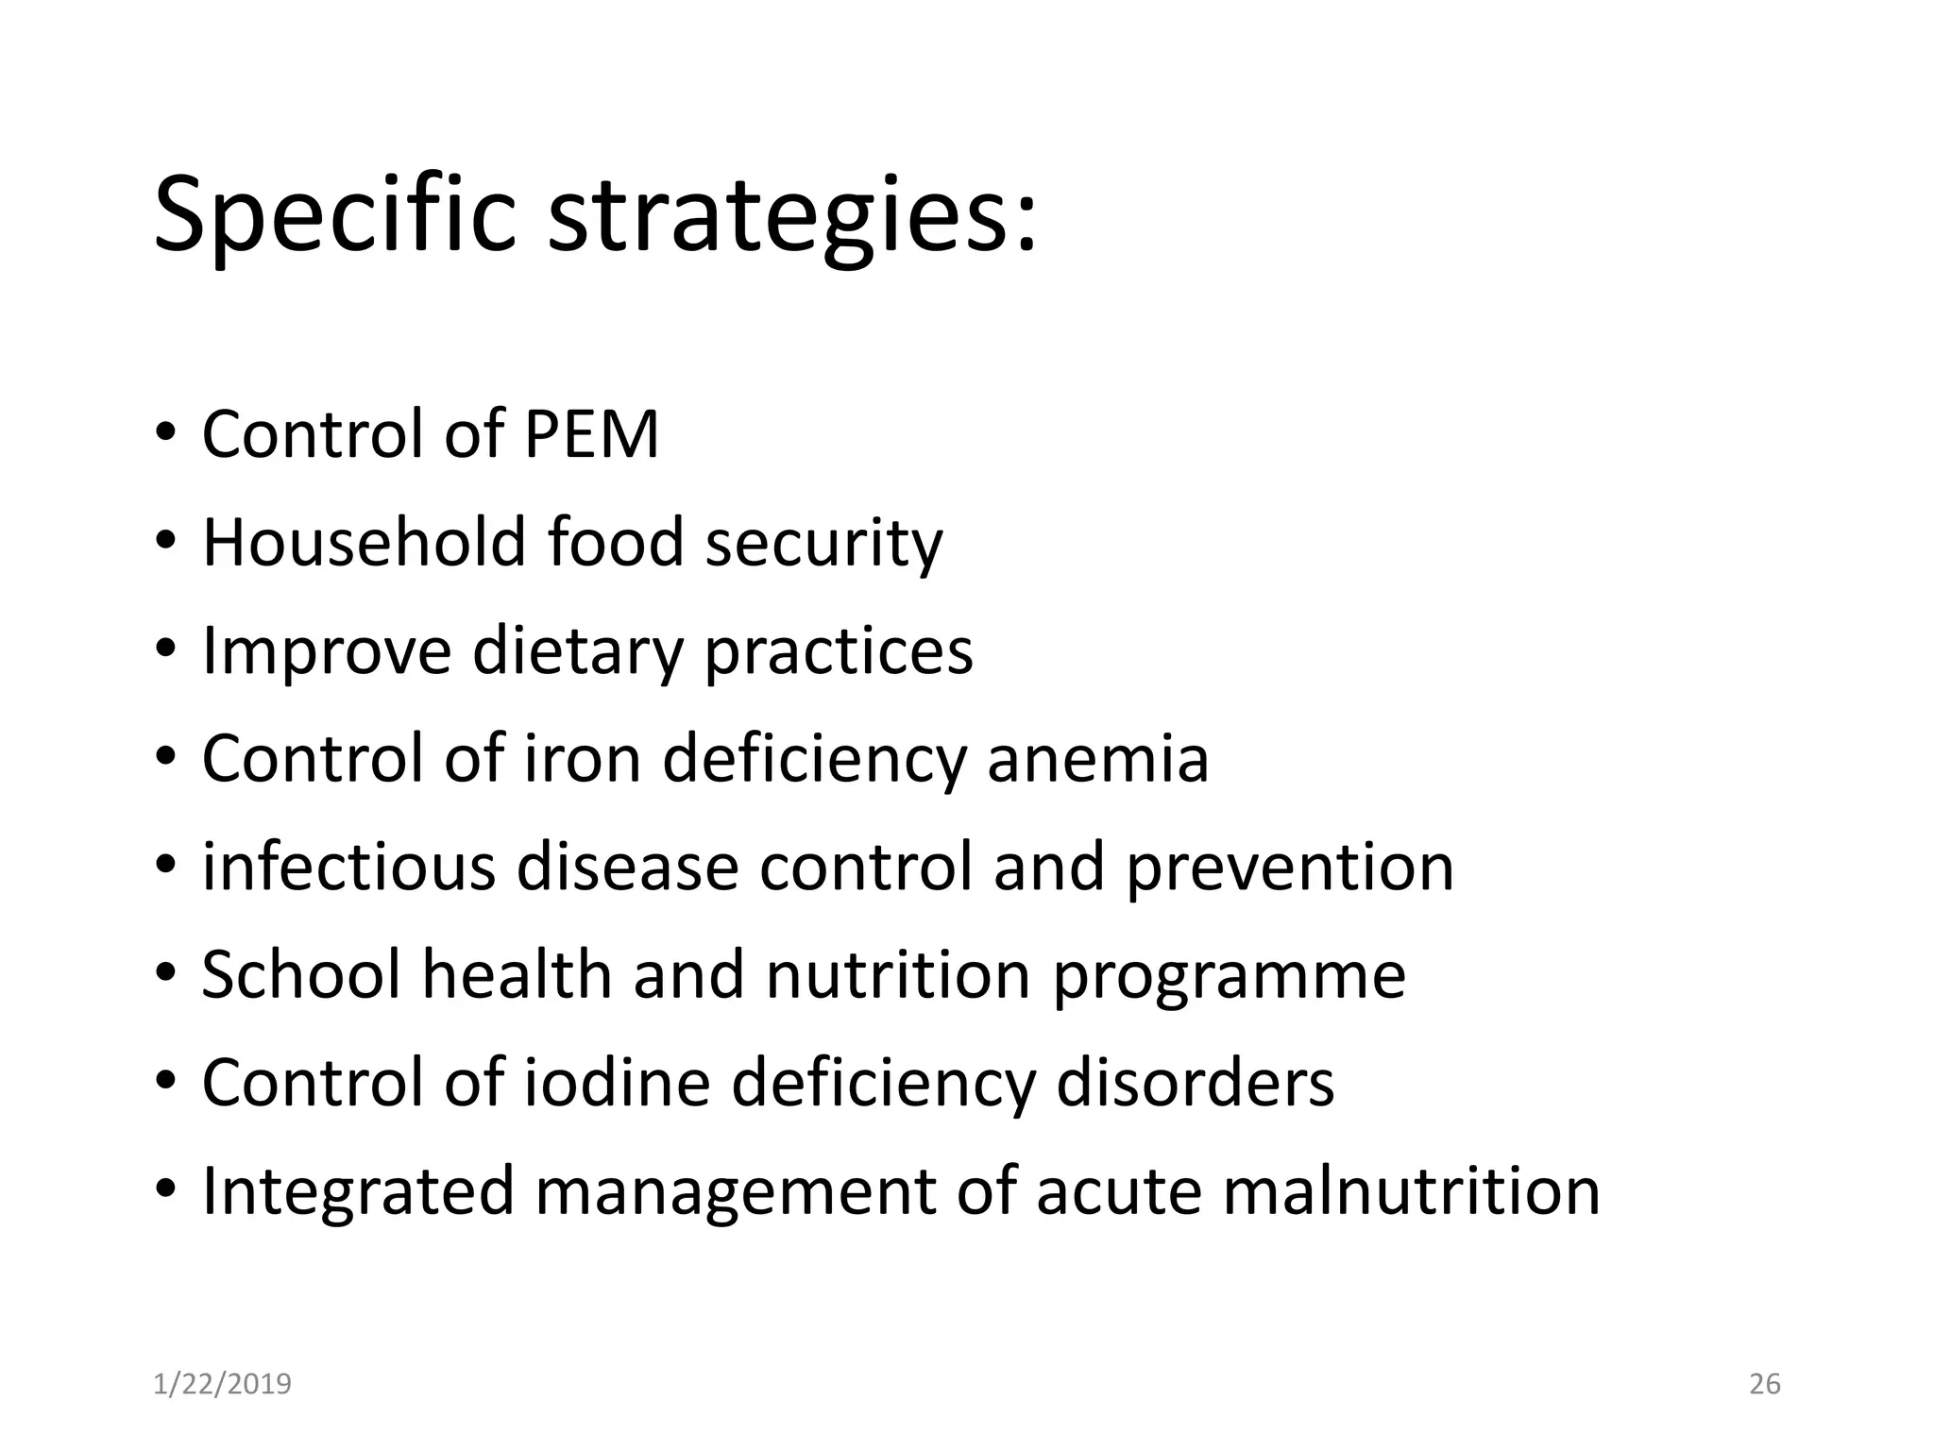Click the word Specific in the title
coord(334,215)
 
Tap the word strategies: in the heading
coord(791,215)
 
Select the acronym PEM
coord(590,434)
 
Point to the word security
coord(823,545)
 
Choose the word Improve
coord(327,651)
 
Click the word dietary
coord(576,651)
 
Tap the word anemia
coord(1097,758)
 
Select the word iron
coord(582,758)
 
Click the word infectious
coord(348,867)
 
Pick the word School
coord(301,974)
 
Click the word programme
coord(1229,976)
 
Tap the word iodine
coord(616,1082)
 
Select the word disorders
coord(1195,1082)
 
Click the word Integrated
coord(358,1191)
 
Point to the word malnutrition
coord(1411,1190)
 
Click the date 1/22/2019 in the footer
coord(222,1384)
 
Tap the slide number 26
coord(1764,1384)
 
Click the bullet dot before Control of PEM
coord(165,435)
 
